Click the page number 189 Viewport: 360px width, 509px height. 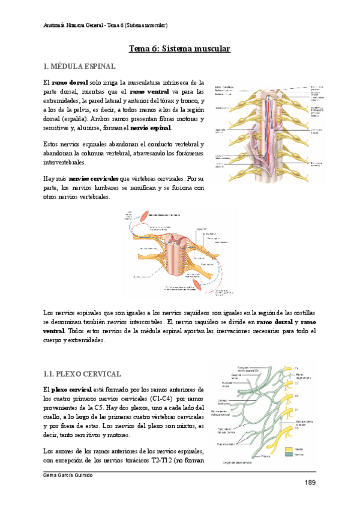coord(310,483)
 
